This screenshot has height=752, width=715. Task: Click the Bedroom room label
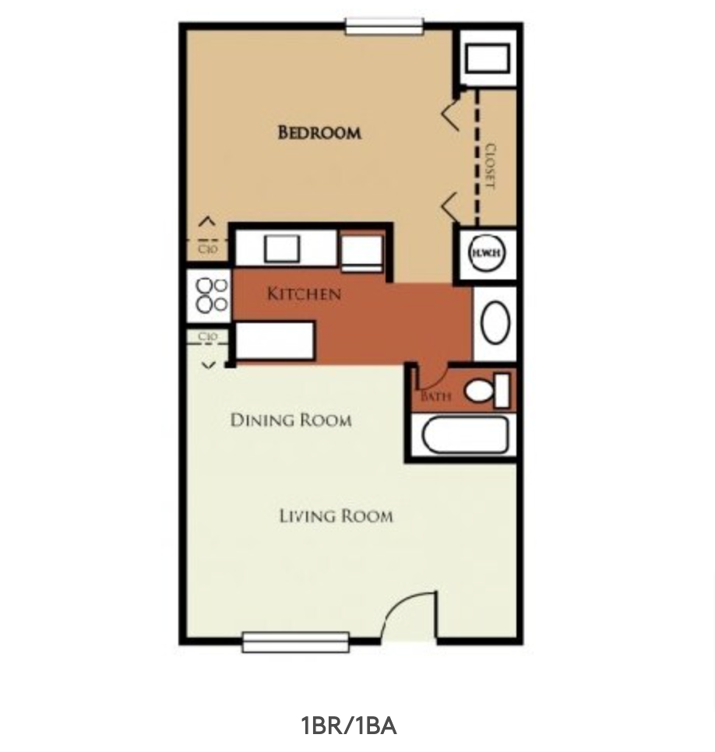pos(319,132)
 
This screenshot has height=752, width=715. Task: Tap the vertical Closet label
pos(490,166)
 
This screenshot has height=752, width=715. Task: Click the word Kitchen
pos(304,294)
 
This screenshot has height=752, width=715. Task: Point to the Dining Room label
pos(291,420)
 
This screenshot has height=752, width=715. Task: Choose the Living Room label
pos(336,516)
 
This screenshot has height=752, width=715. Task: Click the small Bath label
pos(435,396)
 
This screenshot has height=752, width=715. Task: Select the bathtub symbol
pos(464,434)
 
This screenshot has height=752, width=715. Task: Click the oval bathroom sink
pos(495,323)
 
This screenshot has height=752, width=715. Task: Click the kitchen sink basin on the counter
pos(281,248)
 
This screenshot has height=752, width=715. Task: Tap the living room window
pos(295,642)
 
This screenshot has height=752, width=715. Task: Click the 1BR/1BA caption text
pos(348,726)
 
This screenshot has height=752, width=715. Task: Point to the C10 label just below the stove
pos(207,337)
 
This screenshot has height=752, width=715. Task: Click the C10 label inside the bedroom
pos(207,249)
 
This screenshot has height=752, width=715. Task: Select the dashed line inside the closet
pos(477,156)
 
